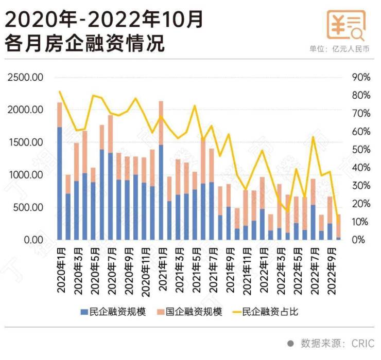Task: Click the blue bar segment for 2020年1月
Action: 60,183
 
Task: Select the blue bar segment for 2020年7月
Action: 110,196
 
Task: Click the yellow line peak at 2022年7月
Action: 313,137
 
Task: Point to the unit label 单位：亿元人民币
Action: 339,49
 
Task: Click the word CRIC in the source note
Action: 362,343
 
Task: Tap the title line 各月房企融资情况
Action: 85,43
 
